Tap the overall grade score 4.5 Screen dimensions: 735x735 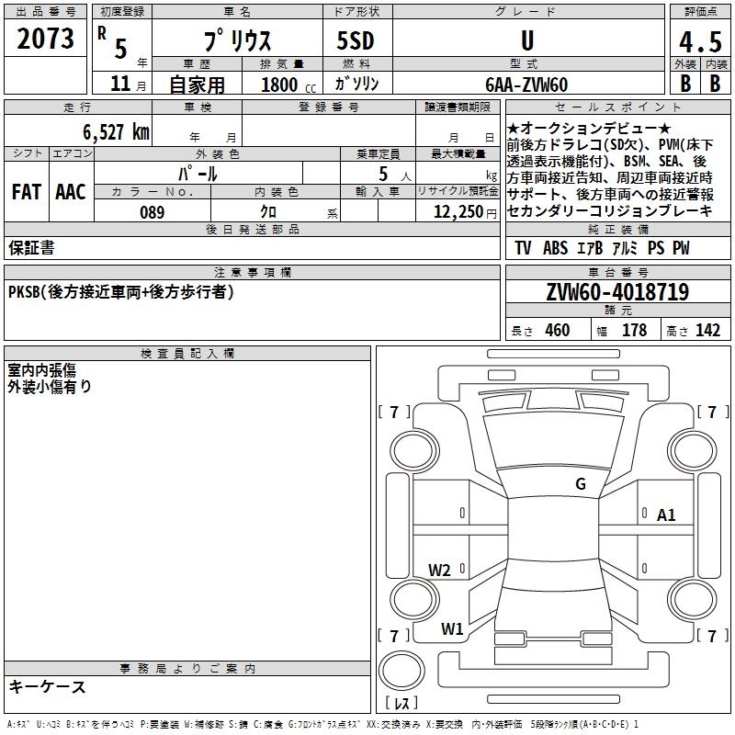point(699,42)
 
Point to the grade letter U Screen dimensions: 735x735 point(526,41)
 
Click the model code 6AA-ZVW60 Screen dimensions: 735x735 point(526,85)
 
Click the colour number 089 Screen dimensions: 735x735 point(152,212)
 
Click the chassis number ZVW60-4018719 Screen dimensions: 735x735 point(617,293)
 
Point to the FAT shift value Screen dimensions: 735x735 point(27,192)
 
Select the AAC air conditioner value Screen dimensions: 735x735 point(70,192)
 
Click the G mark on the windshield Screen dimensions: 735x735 point(581,484)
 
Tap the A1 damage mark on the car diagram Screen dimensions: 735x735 point(666,515)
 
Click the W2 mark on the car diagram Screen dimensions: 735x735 point(440,570)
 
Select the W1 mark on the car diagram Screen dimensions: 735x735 point(452,629)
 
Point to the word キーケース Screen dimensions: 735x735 point(48,687)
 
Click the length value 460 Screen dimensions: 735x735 point(557,331)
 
